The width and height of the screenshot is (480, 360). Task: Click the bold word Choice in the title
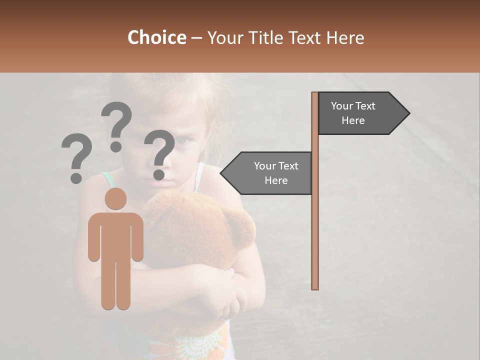coord(156,38)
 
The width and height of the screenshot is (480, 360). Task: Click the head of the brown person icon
coord(115,198)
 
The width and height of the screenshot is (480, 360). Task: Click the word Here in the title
coord(345,38)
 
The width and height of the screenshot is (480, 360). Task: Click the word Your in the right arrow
coord(342,106)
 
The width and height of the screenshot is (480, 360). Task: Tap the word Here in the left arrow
coord(276,180)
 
